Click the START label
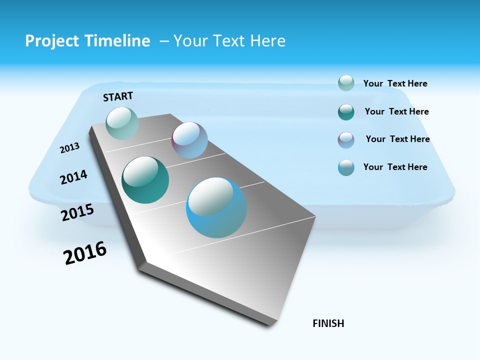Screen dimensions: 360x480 118,96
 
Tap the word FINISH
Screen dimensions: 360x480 328,323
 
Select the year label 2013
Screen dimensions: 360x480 70,148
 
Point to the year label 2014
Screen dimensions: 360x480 73,177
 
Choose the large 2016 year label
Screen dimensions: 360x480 85,253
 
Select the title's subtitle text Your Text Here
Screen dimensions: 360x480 229,41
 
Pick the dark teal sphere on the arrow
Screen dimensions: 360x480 145,180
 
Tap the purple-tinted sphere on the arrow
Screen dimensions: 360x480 189,140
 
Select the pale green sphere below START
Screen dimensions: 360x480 122,123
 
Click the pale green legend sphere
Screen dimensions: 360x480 346,83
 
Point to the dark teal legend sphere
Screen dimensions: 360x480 346,112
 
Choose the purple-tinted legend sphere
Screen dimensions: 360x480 346,140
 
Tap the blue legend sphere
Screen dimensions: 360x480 346,167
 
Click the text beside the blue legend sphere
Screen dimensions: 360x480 395,167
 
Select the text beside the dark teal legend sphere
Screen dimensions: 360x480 396,111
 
